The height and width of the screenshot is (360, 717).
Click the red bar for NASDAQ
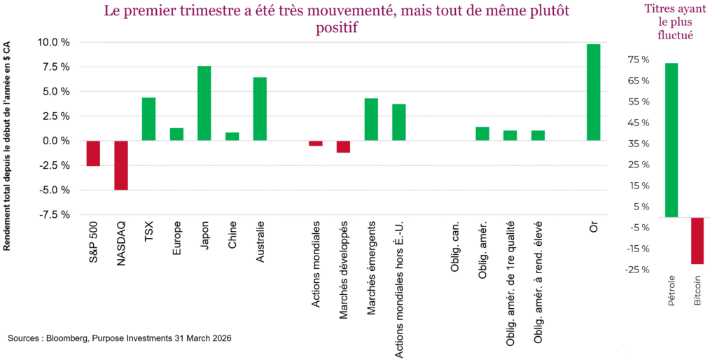[121, 165]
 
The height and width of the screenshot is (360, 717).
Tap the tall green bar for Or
[594, 92]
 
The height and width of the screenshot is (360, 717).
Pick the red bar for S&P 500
[93, 153]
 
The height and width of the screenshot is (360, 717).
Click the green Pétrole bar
[671, 140]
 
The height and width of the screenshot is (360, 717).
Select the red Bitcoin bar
[697, 240]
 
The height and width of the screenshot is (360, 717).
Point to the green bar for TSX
[148, 119]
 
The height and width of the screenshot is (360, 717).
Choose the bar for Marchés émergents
[371, 119]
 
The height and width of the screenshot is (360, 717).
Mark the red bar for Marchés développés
[343, 146]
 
